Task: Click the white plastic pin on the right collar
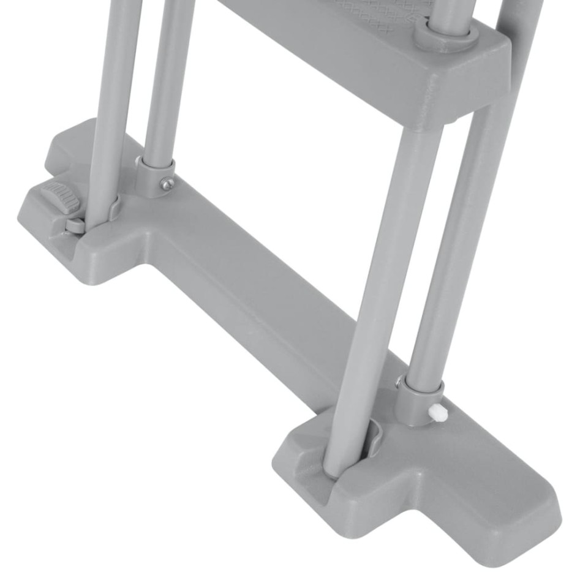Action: point(437,412)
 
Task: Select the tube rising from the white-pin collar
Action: point(459,245)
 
